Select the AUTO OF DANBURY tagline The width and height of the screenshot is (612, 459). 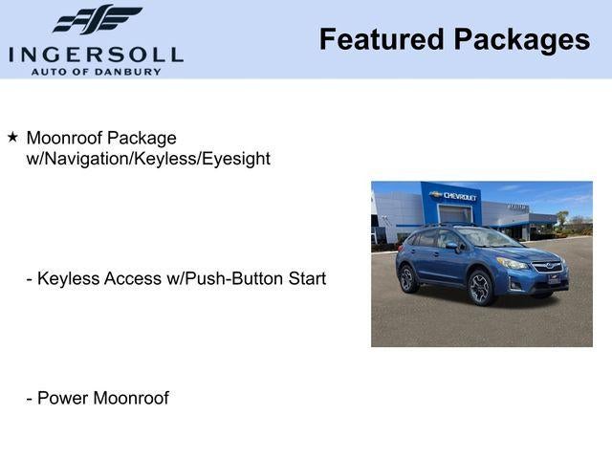pos(96,71)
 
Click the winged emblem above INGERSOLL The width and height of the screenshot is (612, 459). pos(97,20)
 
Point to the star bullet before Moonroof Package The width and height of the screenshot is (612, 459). pos(12,138)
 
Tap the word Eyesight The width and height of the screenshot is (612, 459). pos(235,159)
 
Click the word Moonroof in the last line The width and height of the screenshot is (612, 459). pos(131,398)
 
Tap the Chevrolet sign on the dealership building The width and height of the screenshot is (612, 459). pos(454,195)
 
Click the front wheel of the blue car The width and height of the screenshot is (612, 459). pos(480,287)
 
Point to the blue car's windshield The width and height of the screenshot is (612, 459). pos(489,238)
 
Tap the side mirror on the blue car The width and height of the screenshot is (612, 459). pos(451,245)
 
